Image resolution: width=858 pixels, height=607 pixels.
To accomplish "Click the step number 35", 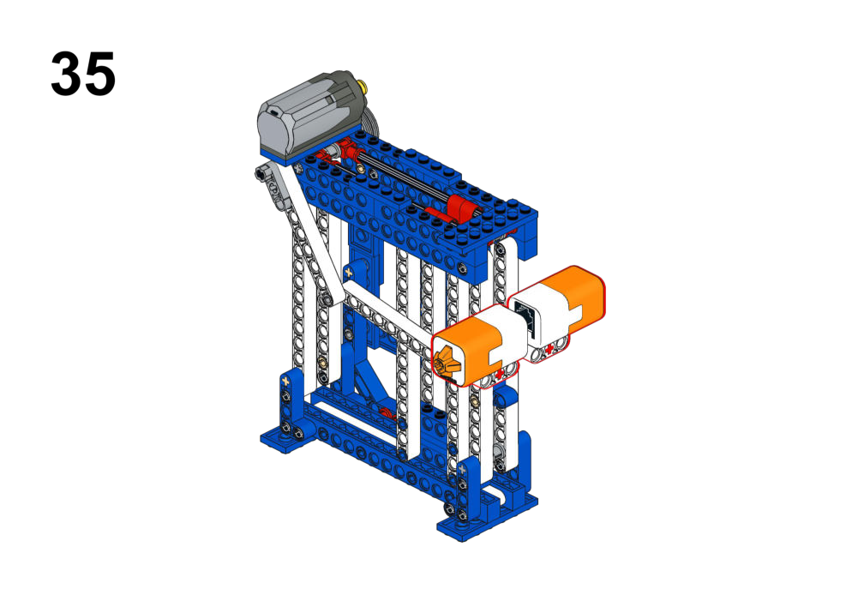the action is click(83, 74).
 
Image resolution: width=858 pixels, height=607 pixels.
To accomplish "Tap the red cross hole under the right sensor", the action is click(549, 349).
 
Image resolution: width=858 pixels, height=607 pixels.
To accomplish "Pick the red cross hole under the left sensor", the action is click(499, 373).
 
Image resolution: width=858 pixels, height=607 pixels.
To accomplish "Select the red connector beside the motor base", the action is click(345, 148).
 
